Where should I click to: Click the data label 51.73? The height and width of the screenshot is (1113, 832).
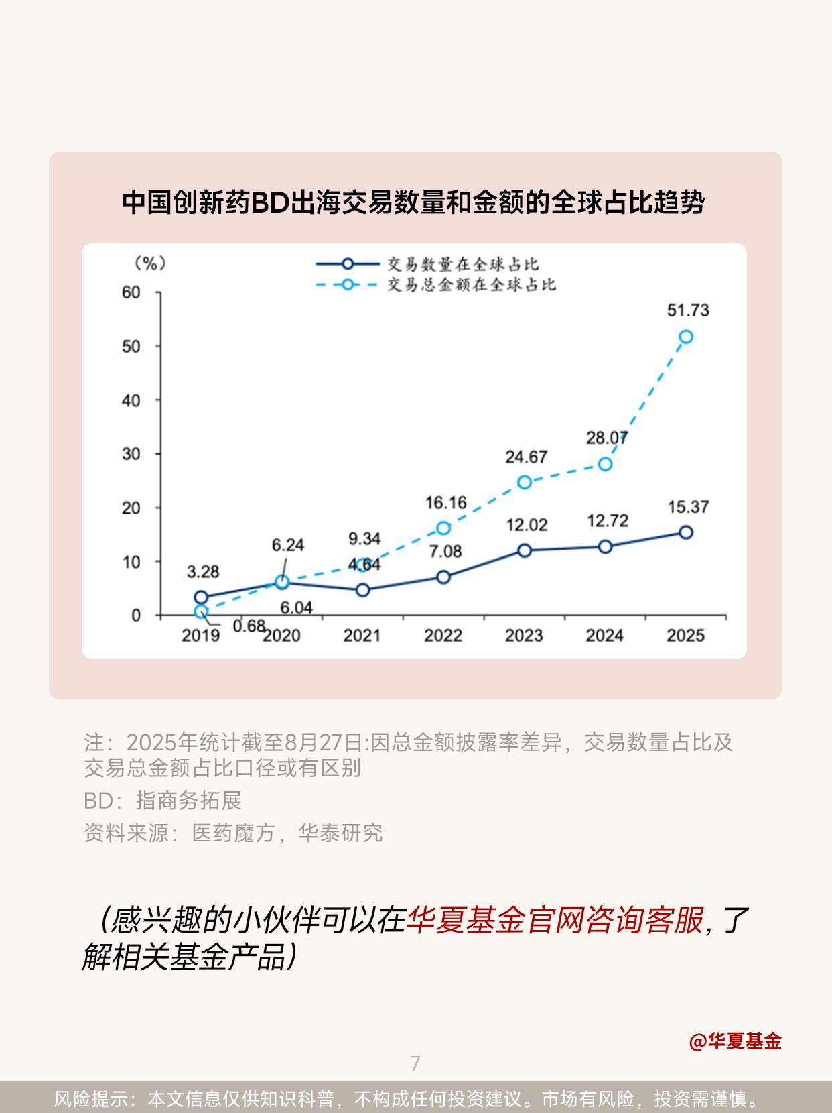click(x=688, y=310)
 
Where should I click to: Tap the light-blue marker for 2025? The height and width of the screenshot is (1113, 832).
click(x=686, y=337)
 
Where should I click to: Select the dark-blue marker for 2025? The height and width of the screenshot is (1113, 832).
click(x=686, y=532)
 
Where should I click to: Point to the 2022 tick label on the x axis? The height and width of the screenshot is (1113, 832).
click(x=443, y=636)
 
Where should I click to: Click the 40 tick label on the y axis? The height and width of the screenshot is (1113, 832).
click(x=131, y=400)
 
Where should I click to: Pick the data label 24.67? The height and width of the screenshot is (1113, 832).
click(x=526, y=457)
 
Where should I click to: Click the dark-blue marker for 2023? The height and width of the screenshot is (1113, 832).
click(x=525, y=550)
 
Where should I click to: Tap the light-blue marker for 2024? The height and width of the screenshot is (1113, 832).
click(x=605, y=464)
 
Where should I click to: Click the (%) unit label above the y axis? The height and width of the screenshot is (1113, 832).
click(x=150, y=263)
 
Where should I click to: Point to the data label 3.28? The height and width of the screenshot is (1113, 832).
click(x=203, y=572)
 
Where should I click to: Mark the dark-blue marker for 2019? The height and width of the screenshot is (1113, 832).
click(x=201, y=597)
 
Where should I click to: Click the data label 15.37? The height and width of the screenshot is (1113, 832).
click(x=688, y=507)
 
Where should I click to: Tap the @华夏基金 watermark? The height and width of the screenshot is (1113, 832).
click(x=736, y=1041)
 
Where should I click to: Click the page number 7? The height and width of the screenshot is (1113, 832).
click(x=415, y=1063)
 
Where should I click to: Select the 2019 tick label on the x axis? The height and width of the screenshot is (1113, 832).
click(x=200, y=636)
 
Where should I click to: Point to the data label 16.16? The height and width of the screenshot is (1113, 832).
click(x=445, y=503)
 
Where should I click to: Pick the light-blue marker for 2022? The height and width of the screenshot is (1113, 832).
click(x=443, y=528)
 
